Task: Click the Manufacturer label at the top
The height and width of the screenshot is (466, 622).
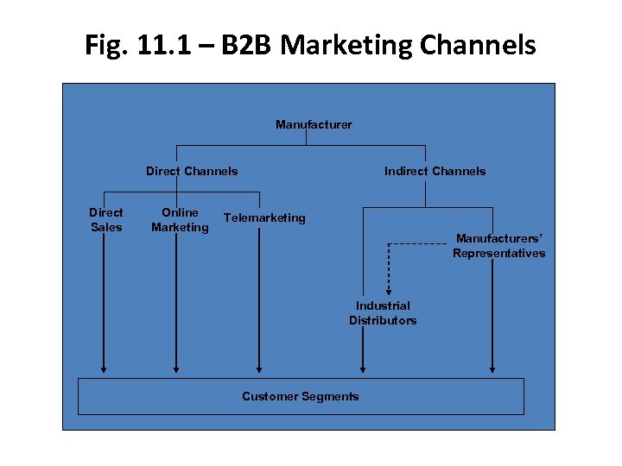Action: pos(314,124)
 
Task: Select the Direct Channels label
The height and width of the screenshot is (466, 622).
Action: pos(192,171)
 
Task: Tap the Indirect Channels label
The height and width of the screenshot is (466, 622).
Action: pos(435,171)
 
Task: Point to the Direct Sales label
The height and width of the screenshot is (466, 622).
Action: pos(106,219)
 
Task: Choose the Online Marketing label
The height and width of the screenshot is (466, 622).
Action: pos(180,219)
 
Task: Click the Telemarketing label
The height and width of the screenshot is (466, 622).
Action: pos(264,217)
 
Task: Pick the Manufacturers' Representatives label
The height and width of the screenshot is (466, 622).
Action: pos(498,245)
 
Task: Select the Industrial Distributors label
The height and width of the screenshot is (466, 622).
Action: pos(383,312)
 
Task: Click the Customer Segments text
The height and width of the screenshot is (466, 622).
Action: pos(300,396)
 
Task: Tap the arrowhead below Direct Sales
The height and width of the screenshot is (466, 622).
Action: pos(104,368)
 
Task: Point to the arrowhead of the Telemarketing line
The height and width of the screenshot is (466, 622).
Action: pos(258,368)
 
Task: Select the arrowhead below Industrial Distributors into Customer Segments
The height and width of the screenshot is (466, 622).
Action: pos(363,368)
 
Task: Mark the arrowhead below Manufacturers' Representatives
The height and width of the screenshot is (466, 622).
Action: pos(492,368)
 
